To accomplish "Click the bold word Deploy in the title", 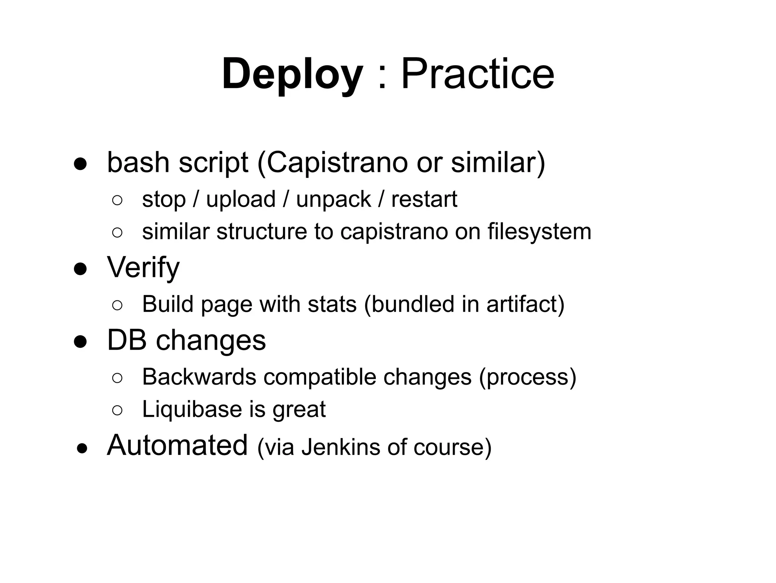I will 292,74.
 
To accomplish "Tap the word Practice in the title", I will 477,74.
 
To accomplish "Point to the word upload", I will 241,200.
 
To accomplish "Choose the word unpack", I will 333,200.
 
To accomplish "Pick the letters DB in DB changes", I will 127,340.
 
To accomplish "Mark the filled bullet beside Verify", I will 81,269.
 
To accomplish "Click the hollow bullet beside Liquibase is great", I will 117,410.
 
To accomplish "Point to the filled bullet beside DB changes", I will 81,342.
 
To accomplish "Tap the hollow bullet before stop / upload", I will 117,200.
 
